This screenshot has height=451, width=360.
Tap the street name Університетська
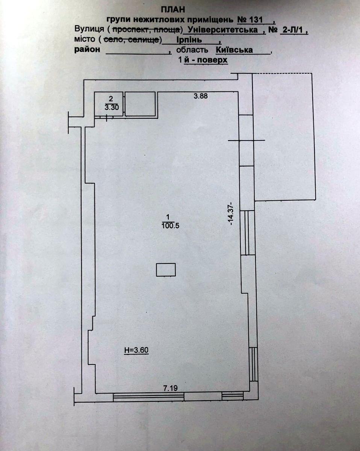click(x=223, y=30)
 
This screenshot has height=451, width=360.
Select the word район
click(x=87, y=50)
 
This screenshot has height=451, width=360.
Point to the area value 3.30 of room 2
click(x=110, y=107)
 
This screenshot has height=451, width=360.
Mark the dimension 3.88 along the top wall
click(x=201, y=96)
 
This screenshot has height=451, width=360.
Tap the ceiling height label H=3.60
click(x=136, y=350)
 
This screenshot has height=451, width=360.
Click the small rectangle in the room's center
click(x=166, y=269)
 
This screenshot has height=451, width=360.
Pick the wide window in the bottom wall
click(x=148, y=396)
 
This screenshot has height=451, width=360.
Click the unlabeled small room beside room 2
click(x=140, y=104)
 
